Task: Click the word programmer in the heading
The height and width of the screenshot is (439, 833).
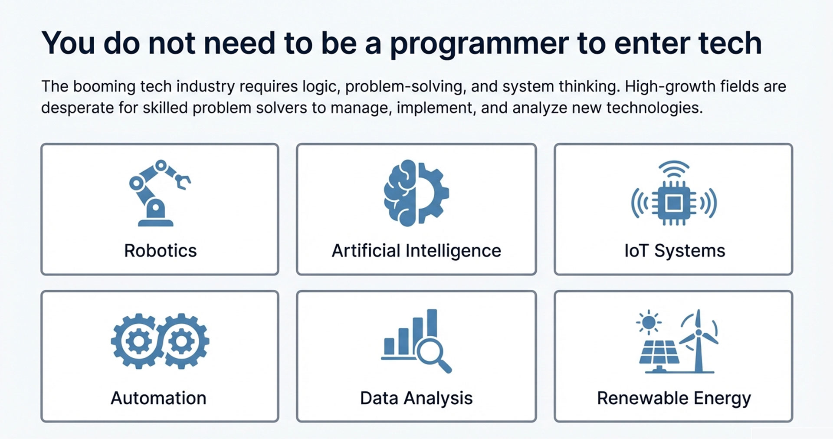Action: (x=479, y=44)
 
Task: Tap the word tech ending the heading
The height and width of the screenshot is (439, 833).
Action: (x=730, y=43)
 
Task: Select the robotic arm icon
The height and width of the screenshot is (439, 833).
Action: (x=159, y=193)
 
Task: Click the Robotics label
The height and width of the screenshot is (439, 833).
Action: (x=160, y=251)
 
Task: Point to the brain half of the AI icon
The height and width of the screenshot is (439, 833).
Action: (x=400, y=193)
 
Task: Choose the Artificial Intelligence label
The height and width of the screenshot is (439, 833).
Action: (x=416, y=251)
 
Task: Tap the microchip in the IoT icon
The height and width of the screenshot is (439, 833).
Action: (x=673, y=203)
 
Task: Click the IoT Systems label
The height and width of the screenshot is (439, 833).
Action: (x=675, y=251)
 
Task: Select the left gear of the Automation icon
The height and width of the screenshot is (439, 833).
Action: (x=138, y=341)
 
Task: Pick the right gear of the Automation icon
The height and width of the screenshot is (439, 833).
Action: (x=182, y=341)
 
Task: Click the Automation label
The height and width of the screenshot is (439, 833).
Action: (x=158, y=398)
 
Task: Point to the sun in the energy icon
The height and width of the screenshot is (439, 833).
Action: (x=649, y=322)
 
